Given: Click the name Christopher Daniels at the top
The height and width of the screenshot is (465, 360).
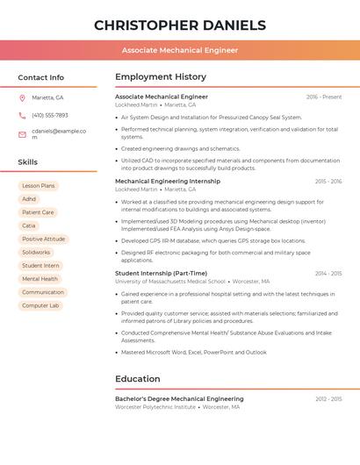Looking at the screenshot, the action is point(179,25).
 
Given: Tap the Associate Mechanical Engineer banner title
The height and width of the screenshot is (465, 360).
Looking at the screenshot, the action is point(179,50).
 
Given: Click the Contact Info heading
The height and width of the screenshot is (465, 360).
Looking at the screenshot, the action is point(41,77).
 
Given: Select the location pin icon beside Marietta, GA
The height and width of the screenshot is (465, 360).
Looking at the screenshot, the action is point(22,97).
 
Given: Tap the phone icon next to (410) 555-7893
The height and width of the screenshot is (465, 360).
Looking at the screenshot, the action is point(22,115).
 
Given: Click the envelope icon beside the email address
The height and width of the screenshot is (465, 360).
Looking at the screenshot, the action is point(22,134).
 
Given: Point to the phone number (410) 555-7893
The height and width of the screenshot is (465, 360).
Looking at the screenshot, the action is point(50,115).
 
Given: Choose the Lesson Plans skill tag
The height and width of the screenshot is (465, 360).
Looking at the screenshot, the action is point(39,186).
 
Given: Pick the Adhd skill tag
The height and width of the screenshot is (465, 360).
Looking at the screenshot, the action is point(29,199).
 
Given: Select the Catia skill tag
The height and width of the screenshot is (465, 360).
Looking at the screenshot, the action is point(29,225).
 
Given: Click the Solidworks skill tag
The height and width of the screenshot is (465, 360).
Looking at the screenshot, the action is point(36,252).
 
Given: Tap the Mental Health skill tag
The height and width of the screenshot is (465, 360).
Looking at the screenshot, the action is point(40,279).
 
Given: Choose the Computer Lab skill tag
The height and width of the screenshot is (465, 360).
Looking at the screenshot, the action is point(40,305).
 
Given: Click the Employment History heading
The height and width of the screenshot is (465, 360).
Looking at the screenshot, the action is point(161,77).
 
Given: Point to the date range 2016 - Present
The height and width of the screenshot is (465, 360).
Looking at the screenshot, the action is point(324,97).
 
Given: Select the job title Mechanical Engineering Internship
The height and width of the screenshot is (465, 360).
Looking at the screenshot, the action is point(168,181).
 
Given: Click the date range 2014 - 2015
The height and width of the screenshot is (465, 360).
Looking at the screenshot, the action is point(328,273).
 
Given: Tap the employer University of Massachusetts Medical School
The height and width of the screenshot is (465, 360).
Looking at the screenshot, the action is point(170,282).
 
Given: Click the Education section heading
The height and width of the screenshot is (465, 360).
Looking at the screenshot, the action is point(138,379).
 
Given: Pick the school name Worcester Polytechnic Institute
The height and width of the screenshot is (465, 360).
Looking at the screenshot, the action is point(155,407).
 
